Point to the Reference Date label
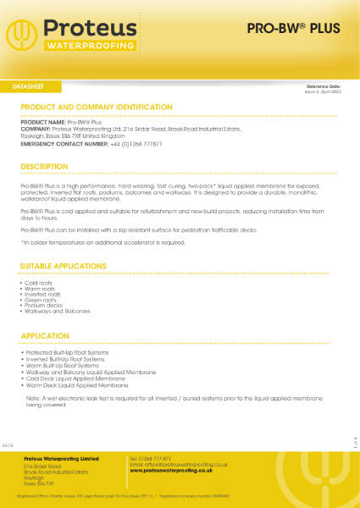[x=324, y=86]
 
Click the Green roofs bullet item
[x=40, y=296]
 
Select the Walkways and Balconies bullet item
[x=58, y=311]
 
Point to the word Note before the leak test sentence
[x=34, y=398]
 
